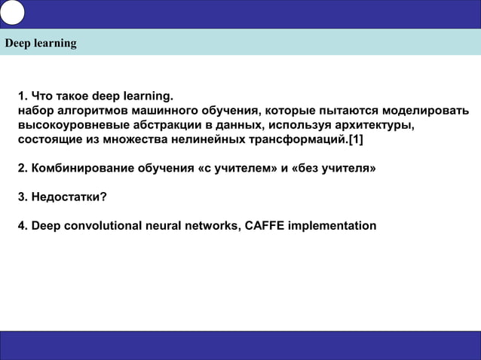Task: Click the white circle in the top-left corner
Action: click(x=13, y=12)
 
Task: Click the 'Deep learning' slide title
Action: click(x=41, y=43)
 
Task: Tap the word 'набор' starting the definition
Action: click(x=35, y=111)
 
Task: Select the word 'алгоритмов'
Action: click(x=88, y=111)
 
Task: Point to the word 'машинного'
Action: click(x=161, y=111)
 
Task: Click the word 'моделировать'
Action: click(x=427, y=111)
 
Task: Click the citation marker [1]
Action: click(x=355, y=140)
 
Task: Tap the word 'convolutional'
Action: click(x=101, y=226)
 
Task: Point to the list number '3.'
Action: click(x=23, y=197)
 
